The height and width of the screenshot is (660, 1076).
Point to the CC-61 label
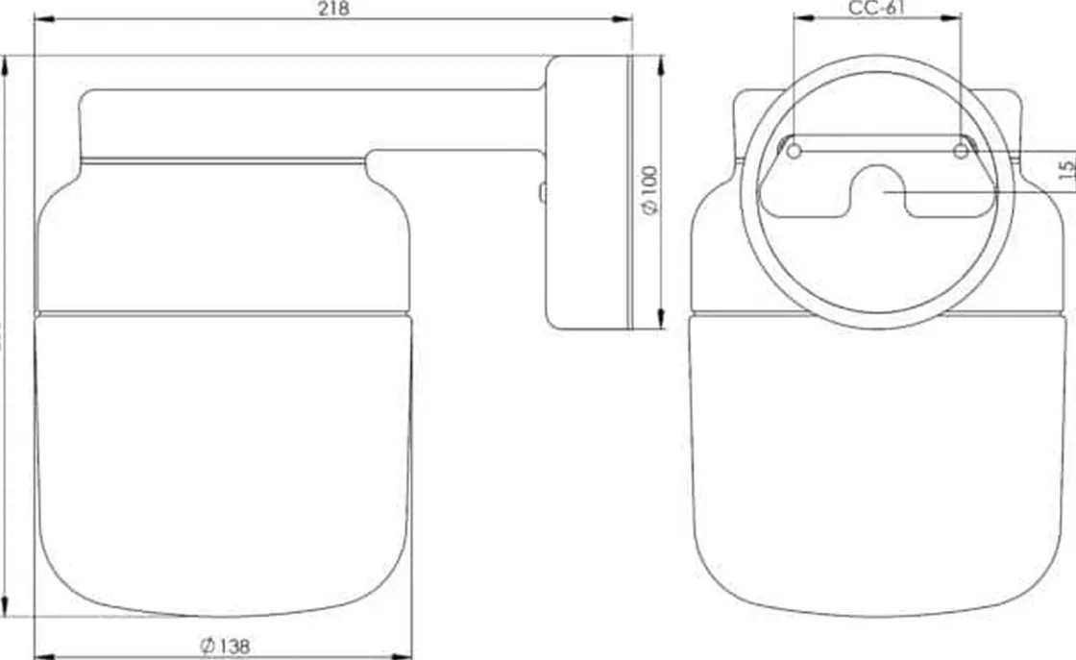click(877, 9)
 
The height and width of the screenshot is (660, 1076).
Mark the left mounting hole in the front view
click(795, 151)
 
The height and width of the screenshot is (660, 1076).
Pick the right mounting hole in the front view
click(961, 151)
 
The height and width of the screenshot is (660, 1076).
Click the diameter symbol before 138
click(208, 647)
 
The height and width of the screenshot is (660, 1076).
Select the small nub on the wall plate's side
click(543, 192)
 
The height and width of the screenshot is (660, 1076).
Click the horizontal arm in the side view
click(307, 122)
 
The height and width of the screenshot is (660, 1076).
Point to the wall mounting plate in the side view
click(586, 192)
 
